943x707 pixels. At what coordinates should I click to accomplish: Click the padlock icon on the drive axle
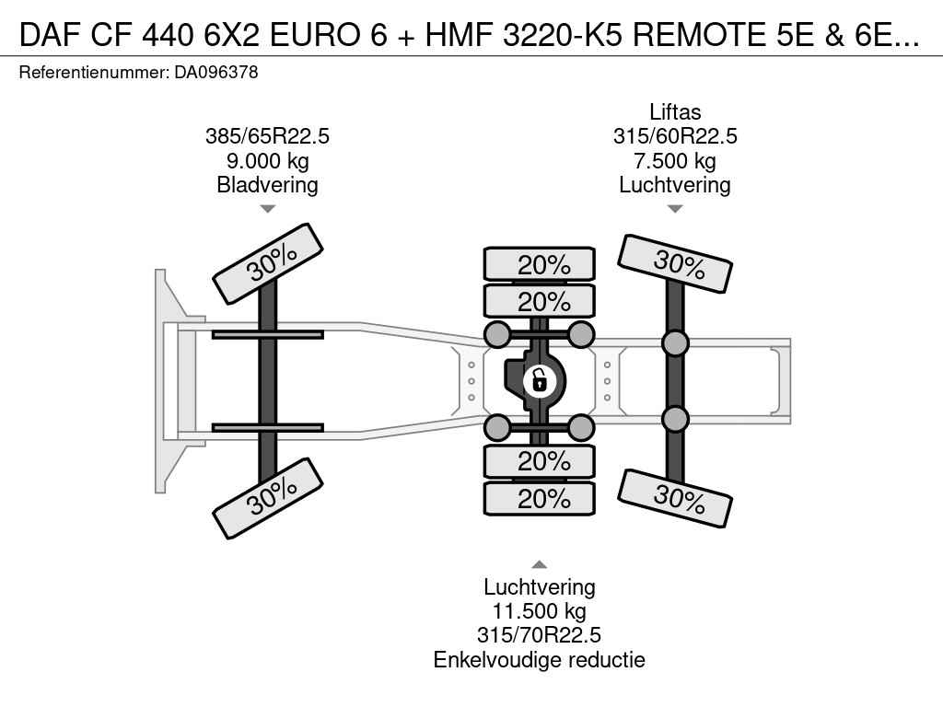[x=539, y=380]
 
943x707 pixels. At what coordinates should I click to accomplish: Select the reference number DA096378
[x=216, y=73]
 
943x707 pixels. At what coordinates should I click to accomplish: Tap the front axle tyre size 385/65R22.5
[x=268, y=136]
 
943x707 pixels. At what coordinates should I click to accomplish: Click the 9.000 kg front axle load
[x=268, y=161]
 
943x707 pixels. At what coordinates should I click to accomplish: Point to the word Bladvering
[x=268, y=185]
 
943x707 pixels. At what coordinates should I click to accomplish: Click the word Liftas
[x=675, y=111]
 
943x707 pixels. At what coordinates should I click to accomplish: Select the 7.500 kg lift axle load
[x=675, y=161]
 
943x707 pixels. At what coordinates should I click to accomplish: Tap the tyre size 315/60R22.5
[x=675, y=136]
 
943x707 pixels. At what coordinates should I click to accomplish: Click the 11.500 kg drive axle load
[x=539, y=611]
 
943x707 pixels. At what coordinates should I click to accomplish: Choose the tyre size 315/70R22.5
[x=539, y=635]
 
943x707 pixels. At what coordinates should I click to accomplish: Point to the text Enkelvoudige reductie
[x=539, y=660]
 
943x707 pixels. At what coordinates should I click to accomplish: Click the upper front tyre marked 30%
[x=268, y=264]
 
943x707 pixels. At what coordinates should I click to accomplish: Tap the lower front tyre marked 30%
[x=268, y=498]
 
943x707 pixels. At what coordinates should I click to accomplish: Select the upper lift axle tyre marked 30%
[x=675, y=264]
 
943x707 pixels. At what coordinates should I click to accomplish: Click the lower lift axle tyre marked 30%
[x=675, y=498]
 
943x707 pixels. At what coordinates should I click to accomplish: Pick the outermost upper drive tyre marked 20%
[x=540, y=264]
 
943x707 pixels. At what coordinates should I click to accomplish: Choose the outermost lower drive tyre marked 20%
[x=540, y=498]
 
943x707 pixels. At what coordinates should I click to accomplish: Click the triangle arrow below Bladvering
[x=268, y=209]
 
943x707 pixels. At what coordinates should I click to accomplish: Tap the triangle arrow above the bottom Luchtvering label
[x=539, y=564]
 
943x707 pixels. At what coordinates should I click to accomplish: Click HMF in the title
[x=460, y=35]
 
